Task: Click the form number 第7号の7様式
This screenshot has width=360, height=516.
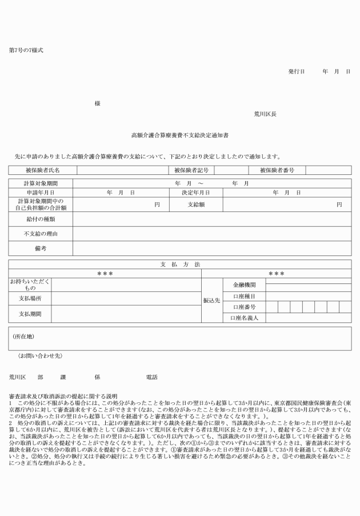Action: tap(26, 50)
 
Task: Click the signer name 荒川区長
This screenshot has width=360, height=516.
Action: tap(266, 114)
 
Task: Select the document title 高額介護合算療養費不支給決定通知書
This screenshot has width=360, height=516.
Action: tap(180, 135)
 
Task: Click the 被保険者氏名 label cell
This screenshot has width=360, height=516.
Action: tap(43, 170)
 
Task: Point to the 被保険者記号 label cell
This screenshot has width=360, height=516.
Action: tap(191, 170)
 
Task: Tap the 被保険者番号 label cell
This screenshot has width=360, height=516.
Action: tap(277, 170)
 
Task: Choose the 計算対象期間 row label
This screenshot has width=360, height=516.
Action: tap(41, 183)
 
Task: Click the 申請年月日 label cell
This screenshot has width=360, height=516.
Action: tap(41, 193)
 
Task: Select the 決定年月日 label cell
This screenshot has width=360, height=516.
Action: tap(191, 193)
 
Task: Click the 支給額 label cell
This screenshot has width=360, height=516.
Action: tap(191, 205)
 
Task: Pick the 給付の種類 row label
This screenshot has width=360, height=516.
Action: tap(41, 219)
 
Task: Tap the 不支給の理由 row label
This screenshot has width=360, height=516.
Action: tap(41, 234)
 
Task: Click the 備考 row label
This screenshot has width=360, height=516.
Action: tap(41, 249)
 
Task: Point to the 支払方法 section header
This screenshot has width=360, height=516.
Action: tap(180, 265)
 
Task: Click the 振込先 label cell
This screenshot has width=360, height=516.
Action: tap(212, 299)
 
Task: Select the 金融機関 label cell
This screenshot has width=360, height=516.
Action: tap(244, 284)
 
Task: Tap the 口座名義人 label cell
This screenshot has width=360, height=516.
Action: tap(244, 318)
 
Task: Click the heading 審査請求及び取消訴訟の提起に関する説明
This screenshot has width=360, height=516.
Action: tap(63, 396)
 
